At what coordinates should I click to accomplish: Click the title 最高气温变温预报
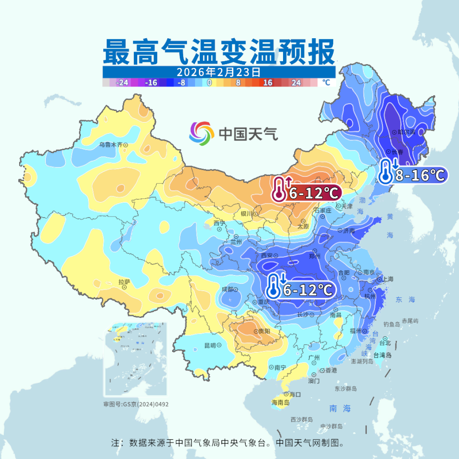point(219,52)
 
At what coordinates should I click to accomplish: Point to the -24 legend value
point(122,82)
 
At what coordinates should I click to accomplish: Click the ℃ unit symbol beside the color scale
point(326,82)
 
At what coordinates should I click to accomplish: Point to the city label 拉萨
point(124,283)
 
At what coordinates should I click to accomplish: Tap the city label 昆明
point(210,345)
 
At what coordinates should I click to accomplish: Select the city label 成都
point(227,289)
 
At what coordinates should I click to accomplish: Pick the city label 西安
point(266,255)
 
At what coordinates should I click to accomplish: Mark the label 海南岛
point(280,403)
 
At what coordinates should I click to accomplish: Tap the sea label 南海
point(340,408)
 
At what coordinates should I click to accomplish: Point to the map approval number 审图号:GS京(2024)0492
point(136,404)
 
